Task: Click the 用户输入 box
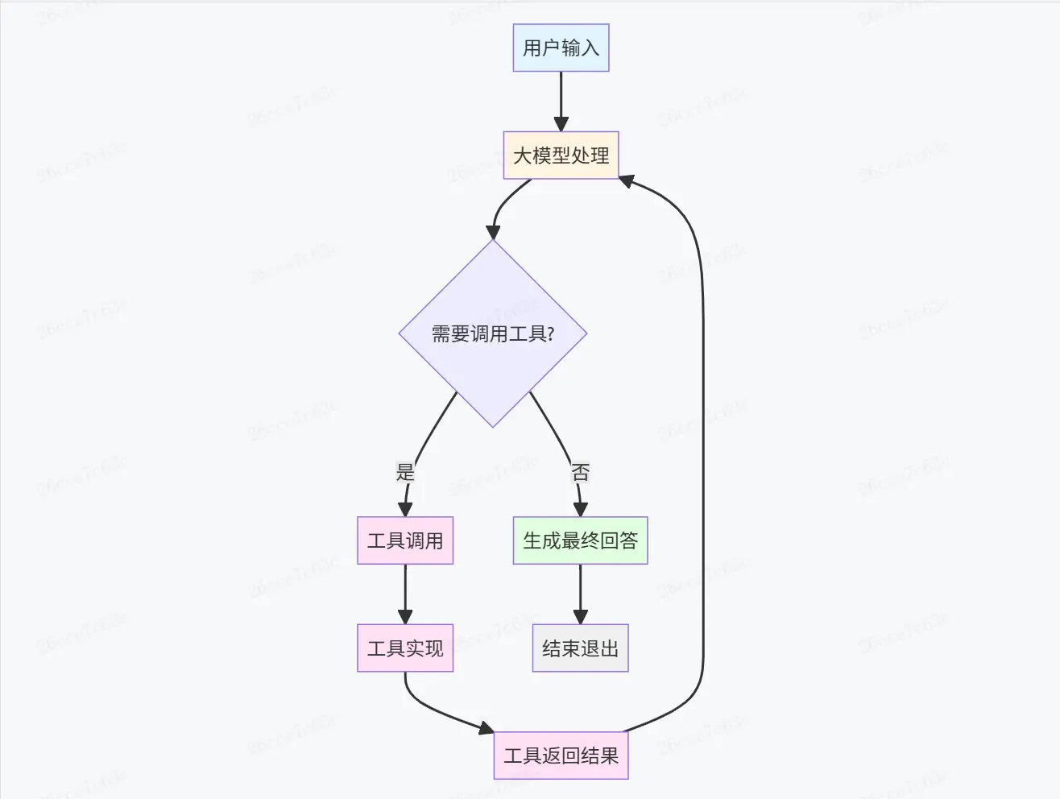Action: pyautogui.click(x=561, y=48)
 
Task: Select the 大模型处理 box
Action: pyautogui.click(x=561, y=155)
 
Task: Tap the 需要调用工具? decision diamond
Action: pyautogui.click(x=493, y=333)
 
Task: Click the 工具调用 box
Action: pyautogui.click(x=405, y=540)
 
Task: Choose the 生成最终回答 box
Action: pyautogui.click(x=580, y=540)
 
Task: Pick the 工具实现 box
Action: pyautogui.click(x=405, y=648)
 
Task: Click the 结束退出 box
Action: pyautogui.click(x=580, y=648)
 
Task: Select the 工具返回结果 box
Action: pyautogui.click(x=561, y=756)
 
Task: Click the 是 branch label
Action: pyautogui.click(x=405, y=471)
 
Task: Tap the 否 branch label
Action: pyautogui.click(x=580, y=471)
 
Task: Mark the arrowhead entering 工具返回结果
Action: pyautogui.click(x=486, y=729)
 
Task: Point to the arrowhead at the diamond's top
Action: pyautogui.click(x=493, y=233)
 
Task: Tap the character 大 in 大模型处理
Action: pyautogui.click(x=522, y=155)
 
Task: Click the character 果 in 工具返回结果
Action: pyautogui.click(x=610, y=756)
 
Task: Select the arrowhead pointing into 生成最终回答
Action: pyautogui.click(x=580, y=509)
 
